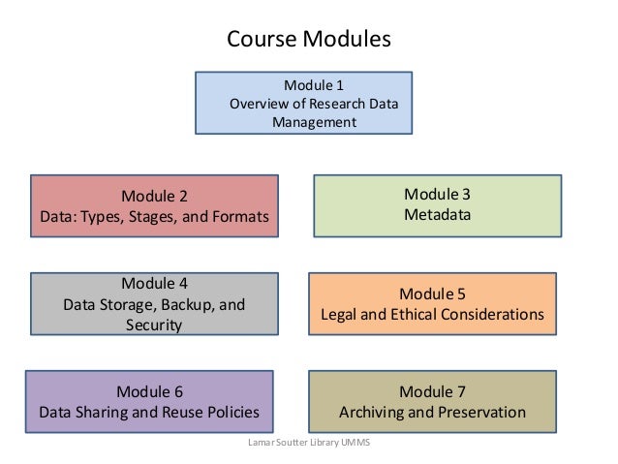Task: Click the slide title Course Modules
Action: (x=308, y=40)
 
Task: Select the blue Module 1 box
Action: (x=304, y=103)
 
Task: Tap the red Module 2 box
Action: (x=154, y=205)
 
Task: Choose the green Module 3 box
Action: (x=437, y=204)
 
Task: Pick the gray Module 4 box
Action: (x=154, y=304)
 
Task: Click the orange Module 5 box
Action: (x=432, y=303)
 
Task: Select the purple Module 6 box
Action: (x=148, y=402)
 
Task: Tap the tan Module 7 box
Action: (x=432, y=402)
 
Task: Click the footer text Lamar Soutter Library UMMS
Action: (x=309, y=443)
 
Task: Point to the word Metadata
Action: (x=437, y=214)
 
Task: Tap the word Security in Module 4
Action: (x=154, y=325)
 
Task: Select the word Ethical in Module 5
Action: (x=418, y=315)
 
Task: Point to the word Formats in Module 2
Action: (x=240, y=216)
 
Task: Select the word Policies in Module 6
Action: (x=230, y=413)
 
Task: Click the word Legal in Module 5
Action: (x=339, y=315)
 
